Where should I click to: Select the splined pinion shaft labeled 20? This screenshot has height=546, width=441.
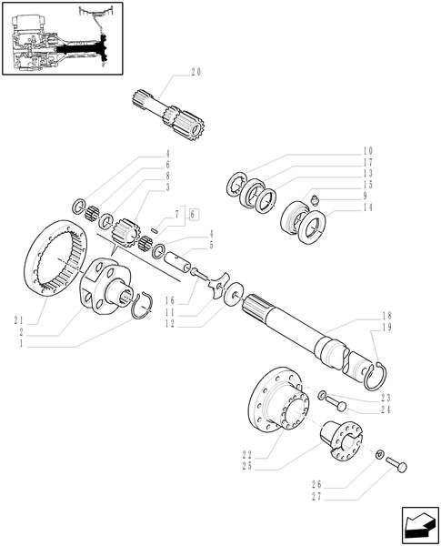[173, 117]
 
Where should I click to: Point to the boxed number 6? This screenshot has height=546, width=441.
[192, 213]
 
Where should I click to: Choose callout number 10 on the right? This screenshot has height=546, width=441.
[368, 150]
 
